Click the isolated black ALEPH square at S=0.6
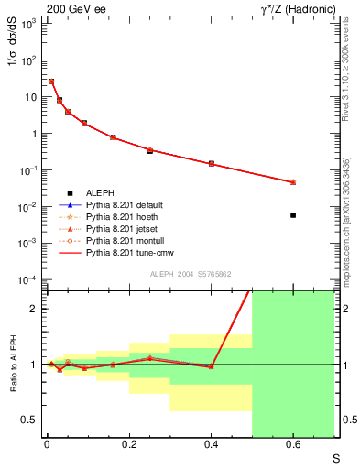point(293,215)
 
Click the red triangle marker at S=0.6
point(293,182)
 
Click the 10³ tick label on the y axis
point(26,23)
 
